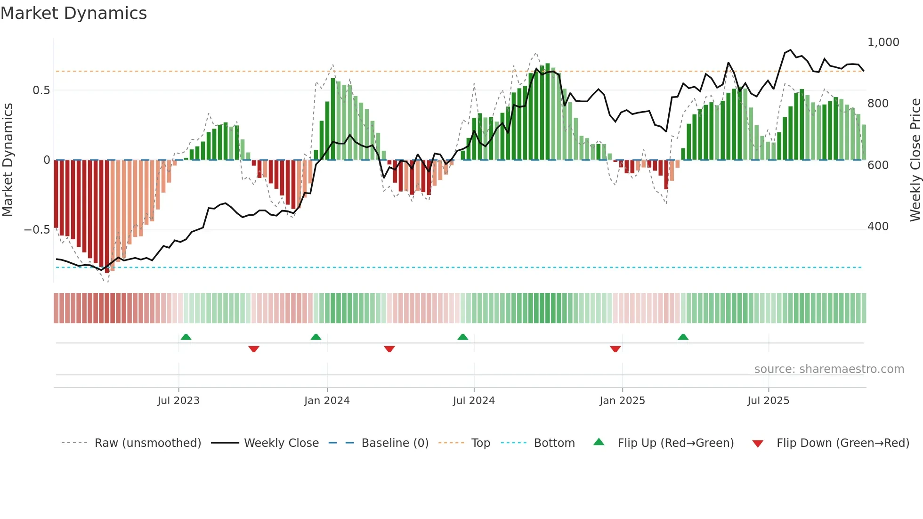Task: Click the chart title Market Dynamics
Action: tap(73, 13)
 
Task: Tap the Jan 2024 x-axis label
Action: tap(327, 401)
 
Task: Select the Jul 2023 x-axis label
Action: tap(178, 401)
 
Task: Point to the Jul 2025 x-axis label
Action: tap(768, 401)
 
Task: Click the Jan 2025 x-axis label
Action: tap(622, 401)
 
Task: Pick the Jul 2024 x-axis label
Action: tap(474, 401)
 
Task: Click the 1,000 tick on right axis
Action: tap(883, 42)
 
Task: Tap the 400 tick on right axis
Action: tap(878, 227)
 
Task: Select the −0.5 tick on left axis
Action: tap(37, 230)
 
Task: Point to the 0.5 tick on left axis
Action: tap(41, 90)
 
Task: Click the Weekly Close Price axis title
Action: tap(915, 160)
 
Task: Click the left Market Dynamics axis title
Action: tap(8, 160)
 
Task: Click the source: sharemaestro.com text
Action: tap(829, 369)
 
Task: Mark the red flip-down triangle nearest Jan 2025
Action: tap(615, 349)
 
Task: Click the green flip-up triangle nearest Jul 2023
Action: tap(186, 337)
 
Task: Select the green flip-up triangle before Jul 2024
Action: tap(463, 337)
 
